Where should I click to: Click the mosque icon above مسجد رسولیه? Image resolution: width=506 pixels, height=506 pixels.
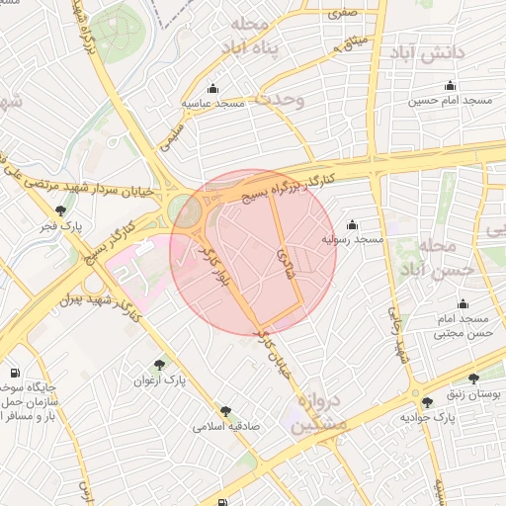click(352, 225)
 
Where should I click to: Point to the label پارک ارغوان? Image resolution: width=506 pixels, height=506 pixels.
click(159, 379)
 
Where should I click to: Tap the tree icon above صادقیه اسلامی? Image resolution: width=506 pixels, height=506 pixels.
click(226, 410)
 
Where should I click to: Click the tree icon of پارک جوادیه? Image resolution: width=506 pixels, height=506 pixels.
click(427, 402)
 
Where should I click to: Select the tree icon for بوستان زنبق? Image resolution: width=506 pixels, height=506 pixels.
click(472, 379)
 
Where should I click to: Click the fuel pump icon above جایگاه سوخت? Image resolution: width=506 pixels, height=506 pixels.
click(14, 374)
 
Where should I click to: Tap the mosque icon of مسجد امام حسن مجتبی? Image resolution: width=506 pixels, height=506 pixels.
click(463, 304)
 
